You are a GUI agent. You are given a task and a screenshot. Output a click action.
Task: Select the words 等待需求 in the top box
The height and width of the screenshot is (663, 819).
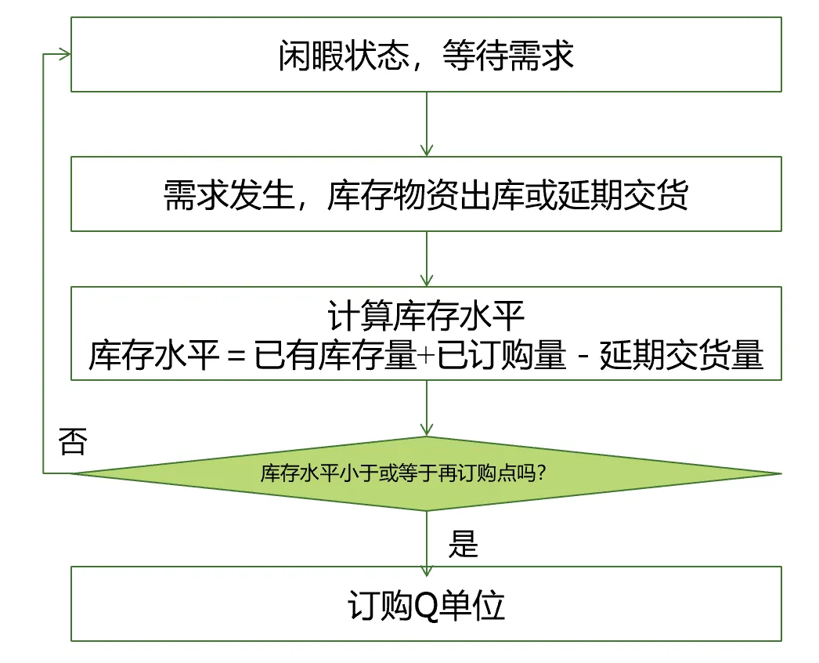pos(508,56)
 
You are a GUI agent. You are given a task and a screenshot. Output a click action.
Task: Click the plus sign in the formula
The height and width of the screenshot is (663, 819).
pos(425,357)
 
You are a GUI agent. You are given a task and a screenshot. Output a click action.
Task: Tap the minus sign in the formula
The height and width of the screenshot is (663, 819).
pos(582,357)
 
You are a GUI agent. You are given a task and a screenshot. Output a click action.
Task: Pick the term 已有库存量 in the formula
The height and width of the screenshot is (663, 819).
pos(334,357)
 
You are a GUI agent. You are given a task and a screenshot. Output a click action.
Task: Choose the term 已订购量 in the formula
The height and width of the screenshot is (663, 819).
pos(500,357)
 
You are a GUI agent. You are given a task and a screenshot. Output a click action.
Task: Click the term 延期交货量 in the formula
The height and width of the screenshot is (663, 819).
pos(680,357)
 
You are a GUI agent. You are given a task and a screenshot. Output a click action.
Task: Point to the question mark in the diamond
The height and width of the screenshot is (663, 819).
pos(541,474)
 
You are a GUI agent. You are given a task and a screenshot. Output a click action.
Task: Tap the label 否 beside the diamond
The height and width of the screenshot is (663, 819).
pos(72,442)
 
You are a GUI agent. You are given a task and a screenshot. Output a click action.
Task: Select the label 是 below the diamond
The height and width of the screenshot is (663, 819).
pos(463,543)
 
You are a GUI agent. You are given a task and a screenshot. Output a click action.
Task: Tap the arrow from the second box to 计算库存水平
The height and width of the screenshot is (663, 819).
pos(427,259)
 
